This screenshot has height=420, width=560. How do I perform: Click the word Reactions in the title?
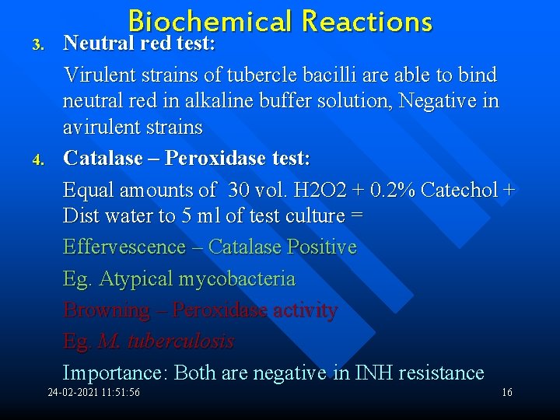pos(366,21)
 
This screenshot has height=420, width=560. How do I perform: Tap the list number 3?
pos(37,45)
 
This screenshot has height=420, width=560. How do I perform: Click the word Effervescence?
pos(124,247)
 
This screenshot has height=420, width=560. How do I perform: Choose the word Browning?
pos(106,310)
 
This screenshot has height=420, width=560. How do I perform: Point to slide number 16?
pos(506,392)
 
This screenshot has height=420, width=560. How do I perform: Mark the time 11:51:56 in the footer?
pos(117,392)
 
